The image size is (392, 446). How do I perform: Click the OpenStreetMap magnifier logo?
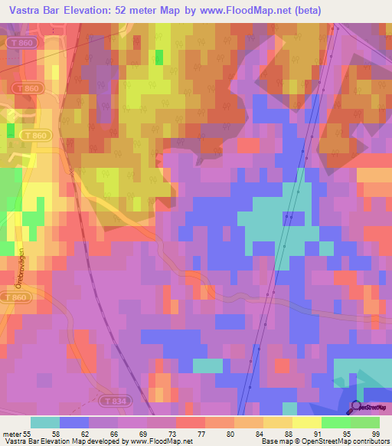coord(358,408)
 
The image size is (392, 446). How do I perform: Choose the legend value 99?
coord(374,433)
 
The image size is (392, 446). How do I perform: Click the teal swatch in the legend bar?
coord(44,422)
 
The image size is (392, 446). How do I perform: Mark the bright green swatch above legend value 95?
coord(335,422)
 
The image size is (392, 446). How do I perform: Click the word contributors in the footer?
coord(370,442)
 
